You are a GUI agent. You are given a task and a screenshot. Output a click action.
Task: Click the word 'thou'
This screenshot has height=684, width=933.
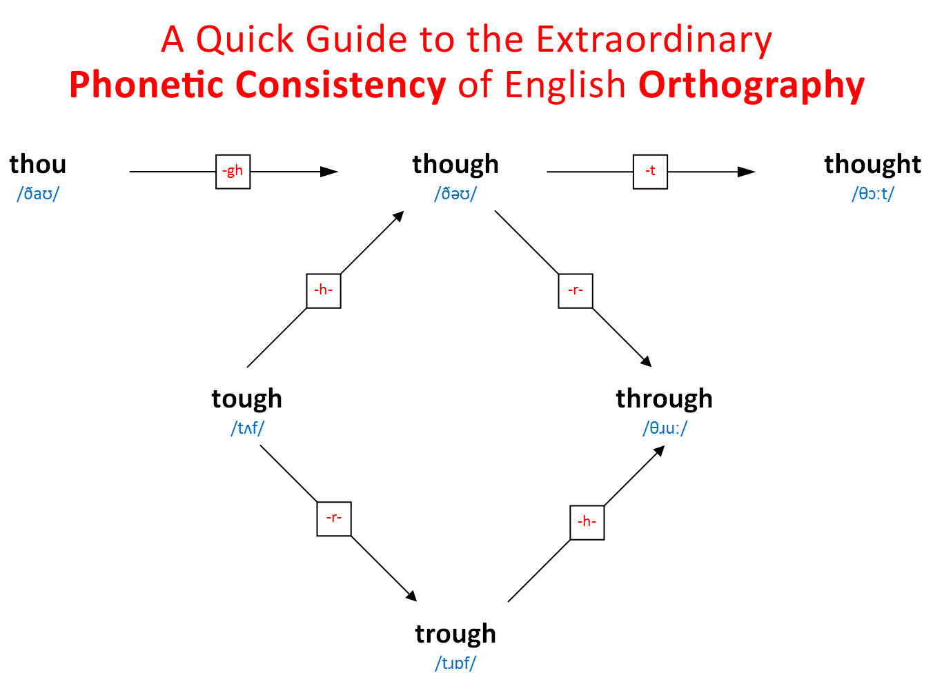[38, 165]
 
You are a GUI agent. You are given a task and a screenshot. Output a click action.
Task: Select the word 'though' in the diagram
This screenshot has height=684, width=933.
[455, 165]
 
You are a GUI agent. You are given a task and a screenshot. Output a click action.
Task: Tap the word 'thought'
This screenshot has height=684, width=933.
[872, 165]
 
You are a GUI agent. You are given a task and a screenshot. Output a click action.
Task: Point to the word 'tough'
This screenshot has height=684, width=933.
[246, 399]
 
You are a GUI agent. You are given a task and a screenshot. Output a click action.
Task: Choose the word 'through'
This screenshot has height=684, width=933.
[664, 399]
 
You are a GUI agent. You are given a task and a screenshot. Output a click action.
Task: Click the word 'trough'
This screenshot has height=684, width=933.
[455, 634]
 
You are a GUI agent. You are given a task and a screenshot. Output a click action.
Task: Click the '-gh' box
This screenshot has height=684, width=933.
[233, 172]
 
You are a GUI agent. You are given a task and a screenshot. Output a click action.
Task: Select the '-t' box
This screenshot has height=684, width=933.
[650, 172]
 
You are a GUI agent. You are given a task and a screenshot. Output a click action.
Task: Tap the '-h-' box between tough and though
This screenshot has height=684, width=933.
[324, 290]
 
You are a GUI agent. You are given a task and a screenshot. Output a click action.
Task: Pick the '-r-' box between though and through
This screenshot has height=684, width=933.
[576, 290]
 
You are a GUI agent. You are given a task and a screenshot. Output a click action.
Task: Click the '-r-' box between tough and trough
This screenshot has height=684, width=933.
[334, 519]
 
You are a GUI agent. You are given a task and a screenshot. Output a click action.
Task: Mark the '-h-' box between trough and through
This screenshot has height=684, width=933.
[587, 523]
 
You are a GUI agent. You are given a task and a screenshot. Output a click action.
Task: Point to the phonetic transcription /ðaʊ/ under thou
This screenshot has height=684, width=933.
[38, 194]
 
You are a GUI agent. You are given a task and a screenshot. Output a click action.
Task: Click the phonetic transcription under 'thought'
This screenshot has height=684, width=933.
[872, 194]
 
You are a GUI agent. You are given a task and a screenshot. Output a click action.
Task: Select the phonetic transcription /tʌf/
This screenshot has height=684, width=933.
[247, 428]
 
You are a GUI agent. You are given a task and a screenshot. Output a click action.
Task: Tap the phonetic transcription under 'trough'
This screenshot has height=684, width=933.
[455, 663]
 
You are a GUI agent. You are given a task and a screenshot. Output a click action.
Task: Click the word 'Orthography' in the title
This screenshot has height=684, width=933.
[752, 85]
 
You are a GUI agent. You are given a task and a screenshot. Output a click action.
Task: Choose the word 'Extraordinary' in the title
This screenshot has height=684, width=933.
[654, 39]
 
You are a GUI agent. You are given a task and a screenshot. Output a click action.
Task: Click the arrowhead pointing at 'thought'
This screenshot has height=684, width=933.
[747, 172]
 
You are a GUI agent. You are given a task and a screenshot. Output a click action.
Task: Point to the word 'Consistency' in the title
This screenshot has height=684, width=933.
[341, 85]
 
